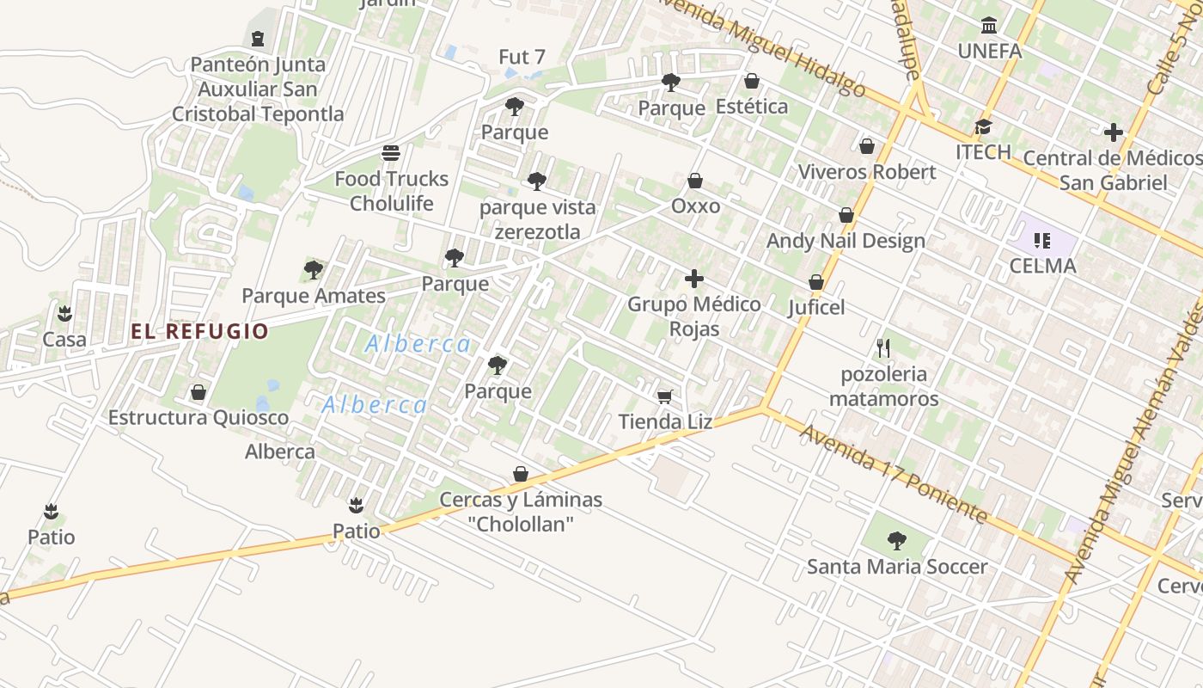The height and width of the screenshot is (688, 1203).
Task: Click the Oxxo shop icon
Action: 695,181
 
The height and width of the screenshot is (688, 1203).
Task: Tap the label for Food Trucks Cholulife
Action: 391,191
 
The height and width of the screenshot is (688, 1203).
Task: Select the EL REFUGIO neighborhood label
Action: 199,331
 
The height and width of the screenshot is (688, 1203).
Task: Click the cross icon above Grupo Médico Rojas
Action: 694,279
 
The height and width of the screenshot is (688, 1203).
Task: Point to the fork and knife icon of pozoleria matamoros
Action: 883,348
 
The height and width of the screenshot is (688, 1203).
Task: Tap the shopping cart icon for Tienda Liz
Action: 664,396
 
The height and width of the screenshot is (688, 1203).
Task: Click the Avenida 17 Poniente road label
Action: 894,474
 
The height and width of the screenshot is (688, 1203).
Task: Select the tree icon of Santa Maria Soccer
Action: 897,541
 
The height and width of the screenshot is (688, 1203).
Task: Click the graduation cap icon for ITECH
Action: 983,127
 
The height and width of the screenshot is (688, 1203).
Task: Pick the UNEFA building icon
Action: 989,26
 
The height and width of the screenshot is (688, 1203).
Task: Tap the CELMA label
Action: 1042,266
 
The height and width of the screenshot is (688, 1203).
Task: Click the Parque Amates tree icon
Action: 314,270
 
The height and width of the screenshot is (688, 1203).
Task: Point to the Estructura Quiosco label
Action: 198,418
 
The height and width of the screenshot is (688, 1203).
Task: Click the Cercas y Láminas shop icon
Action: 521,474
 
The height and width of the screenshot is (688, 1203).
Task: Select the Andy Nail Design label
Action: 846,241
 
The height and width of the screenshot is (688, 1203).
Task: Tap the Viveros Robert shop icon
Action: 867,146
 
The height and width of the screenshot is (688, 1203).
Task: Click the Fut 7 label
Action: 522,58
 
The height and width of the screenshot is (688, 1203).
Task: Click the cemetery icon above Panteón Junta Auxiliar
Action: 258,39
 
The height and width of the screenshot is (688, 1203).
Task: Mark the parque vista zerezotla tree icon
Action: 537,181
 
